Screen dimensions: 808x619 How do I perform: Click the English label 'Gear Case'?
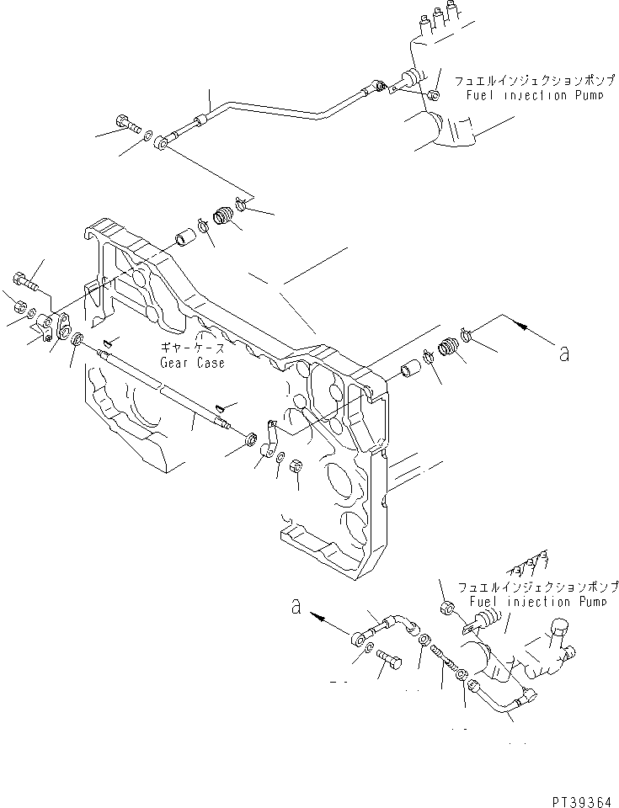point(192,363)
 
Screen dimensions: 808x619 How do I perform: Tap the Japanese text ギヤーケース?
point(192,348)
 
